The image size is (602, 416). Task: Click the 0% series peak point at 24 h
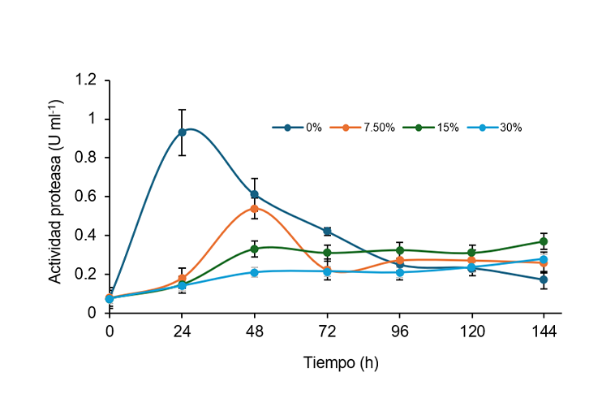tap(182, 132)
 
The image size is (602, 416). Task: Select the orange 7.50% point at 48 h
tap(255, 209)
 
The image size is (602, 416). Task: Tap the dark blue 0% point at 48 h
tap(255, 195)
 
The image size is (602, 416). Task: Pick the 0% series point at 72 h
tap(327, 232)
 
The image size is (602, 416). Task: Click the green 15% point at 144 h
tap(544, 241)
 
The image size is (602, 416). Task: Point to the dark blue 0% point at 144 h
tap(544, 279)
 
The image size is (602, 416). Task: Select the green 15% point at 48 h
tap(255, 249)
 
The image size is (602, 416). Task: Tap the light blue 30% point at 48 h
tap(255, 272)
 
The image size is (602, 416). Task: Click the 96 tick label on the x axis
tap(399, 331)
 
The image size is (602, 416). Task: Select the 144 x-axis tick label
tap(544, 331)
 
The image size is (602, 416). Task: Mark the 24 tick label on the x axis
tap(182, 331)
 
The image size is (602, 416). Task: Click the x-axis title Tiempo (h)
tap(341, 363)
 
